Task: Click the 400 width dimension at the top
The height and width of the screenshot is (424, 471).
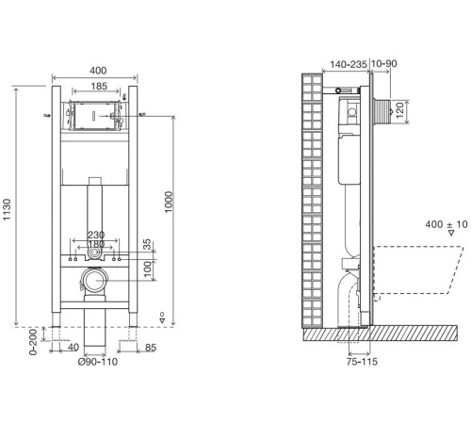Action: tap(98, 71)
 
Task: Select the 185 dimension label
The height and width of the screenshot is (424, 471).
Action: tap(99, 86)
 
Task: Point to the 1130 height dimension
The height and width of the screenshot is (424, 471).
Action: tap(7, 209)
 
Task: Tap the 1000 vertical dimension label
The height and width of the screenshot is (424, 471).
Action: tap(169, 202)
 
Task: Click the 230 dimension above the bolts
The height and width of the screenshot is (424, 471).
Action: tap(96, 235)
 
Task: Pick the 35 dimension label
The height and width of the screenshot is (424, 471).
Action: tap(147, 244)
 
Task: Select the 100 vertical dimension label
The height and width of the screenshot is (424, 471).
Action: tap(147, 269)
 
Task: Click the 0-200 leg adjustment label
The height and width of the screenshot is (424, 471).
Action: tap(33, 342)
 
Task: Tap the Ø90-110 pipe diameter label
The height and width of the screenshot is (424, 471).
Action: tap(98, 362)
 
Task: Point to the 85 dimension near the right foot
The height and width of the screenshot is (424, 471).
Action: tap(151, 348)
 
